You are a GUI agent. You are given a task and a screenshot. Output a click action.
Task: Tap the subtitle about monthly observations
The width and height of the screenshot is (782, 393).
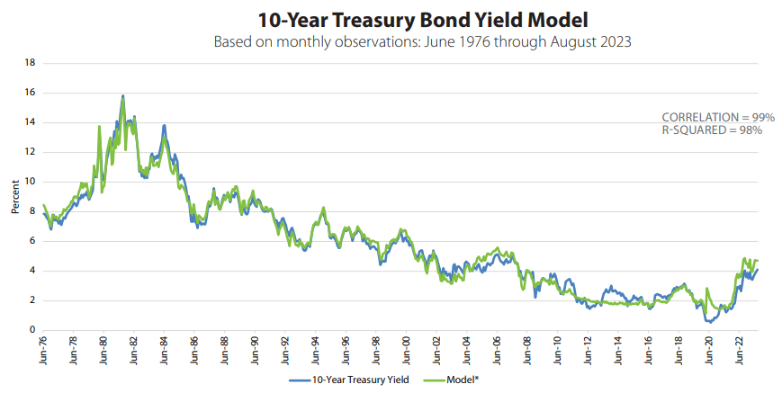pos(390,42)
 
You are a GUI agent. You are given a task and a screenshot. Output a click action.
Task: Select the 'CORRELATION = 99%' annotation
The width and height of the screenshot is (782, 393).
pos(712,118)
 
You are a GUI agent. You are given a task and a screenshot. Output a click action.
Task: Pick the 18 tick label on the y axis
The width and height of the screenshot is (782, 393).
pos(30,63)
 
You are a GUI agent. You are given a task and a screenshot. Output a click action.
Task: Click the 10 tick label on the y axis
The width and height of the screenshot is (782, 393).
pos(30,182)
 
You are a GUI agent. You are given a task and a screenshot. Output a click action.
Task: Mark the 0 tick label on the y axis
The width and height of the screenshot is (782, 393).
pos(32,330)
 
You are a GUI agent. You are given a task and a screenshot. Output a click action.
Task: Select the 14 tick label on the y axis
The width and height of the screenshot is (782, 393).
pos(30,122)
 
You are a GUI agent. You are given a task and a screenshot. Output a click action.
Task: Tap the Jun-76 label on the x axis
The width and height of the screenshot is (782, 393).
pos(43,349)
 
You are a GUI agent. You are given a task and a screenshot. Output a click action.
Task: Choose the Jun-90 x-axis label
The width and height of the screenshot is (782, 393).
pos(256,349)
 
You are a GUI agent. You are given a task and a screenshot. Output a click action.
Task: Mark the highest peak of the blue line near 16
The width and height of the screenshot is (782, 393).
pos(122,96)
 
